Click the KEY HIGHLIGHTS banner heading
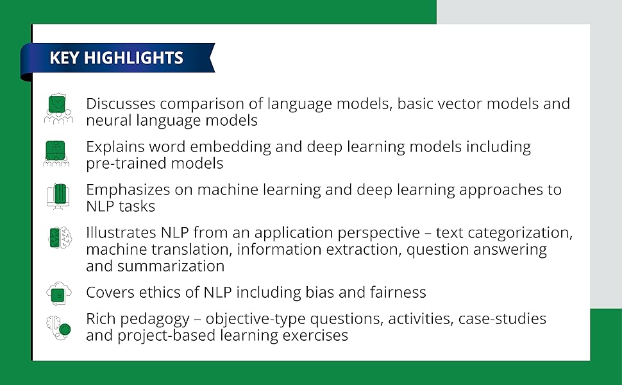[116, 58]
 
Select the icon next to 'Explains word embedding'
[57, 153]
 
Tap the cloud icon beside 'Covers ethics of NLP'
[58, 293]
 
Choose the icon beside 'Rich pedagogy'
[58, 327]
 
